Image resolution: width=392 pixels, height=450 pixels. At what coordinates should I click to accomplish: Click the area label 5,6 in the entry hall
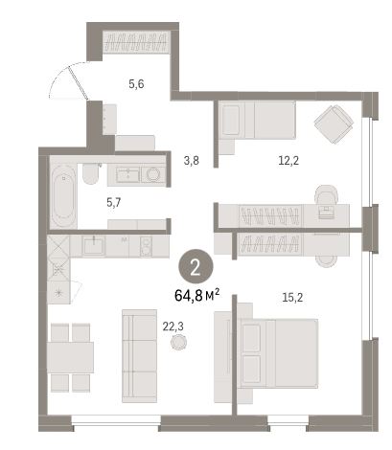coord(136,84)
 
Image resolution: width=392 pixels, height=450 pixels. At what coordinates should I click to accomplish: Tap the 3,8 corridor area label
coord(192,161)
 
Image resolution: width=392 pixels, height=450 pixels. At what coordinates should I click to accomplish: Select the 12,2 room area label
coord(288,161)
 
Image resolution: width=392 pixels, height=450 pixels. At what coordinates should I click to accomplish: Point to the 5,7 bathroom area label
coord(114,202)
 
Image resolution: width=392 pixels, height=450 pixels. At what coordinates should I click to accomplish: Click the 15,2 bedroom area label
coord(292,298)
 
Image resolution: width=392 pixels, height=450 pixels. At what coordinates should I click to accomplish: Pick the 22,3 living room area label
coord(173,326)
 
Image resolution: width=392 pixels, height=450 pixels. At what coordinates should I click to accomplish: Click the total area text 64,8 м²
coord(197,296)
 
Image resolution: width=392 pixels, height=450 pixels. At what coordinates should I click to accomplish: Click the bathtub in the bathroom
coord(63,196)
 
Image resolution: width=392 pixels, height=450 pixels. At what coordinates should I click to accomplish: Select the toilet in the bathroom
coord(90,173)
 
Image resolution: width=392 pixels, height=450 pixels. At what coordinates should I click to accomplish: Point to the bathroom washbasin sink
coord(127,174)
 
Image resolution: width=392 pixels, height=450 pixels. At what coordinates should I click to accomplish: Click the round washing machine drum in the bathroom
coord(153,174)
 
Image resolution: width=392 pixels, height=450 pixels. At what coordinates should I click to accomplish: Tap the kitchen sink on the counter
coord(93,246)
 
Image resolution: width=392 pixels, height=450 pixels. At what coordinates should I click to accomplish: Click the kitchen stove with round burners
coord(146,246)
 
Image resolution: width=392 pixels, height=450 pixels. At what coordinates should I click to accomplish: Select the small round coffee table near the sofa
coord(179,342)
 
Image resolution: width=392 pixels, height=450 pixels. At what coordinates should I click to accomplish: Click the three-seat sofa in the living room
coord(139,355)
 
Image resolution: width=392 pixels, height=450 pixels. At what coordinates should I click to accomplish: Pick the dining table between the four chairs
coord(70,357)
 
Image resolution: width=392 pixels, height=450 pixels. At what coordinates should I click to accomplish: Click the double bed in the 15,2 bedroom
coord(279,353)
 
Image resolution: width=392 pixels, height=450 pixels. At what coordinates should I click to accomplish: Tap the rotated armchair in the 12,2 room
coord(334,124)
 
